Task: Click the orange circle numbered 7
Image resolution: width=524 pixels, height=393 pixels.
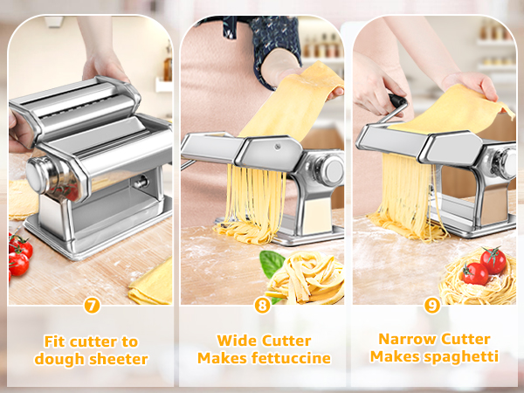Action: coord(91,306)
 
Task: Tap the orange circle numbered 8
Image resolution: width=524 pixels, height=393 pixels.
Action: coord(262,306)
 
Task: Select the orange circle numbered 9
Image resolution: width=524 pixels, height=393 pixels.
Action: coord(432,306)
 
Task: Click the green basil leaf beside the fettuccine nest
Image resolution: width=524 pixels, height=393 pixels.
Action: coord(272,262)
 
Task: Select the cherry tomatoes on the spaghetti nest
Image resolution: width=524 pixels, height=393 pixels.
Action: coord(484,265)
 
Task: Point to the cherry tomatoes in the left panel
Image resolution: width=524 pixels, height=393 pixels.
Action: coord(18,253)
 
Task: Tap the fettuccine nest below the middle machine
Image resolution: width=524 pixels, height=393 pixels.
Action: coord(301,279)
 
